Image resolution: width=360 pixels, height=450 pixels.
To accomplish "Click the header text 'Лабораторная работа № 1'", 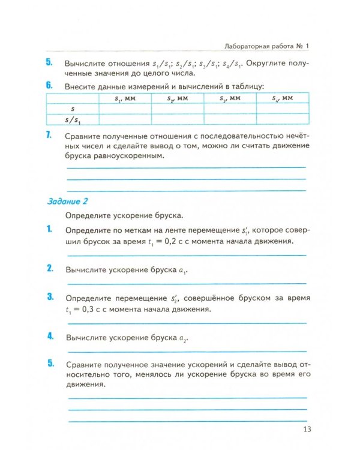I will pos(265,46).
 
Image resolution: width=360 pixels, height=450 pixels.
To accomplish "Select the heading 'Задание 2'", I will pos(67,202).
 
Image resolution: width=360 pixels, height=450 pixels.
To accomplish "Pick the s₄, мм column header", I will pos(283,98).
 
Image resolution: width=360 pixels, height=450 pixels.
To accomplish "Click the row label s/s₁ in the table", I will pos(73,119).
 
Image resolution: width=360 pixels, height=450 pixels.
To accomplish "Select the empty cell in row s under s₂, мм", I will pos(178,109).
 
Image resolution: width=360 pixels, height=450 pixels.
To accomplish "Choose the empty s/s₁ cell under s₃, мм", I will pos(230,119).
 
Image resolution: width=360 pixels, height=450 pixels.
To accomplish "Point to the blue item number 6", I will pos(49,85).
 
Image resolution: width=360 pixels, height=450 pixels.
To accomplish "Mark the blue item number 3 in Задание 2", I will pos(49,298).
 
